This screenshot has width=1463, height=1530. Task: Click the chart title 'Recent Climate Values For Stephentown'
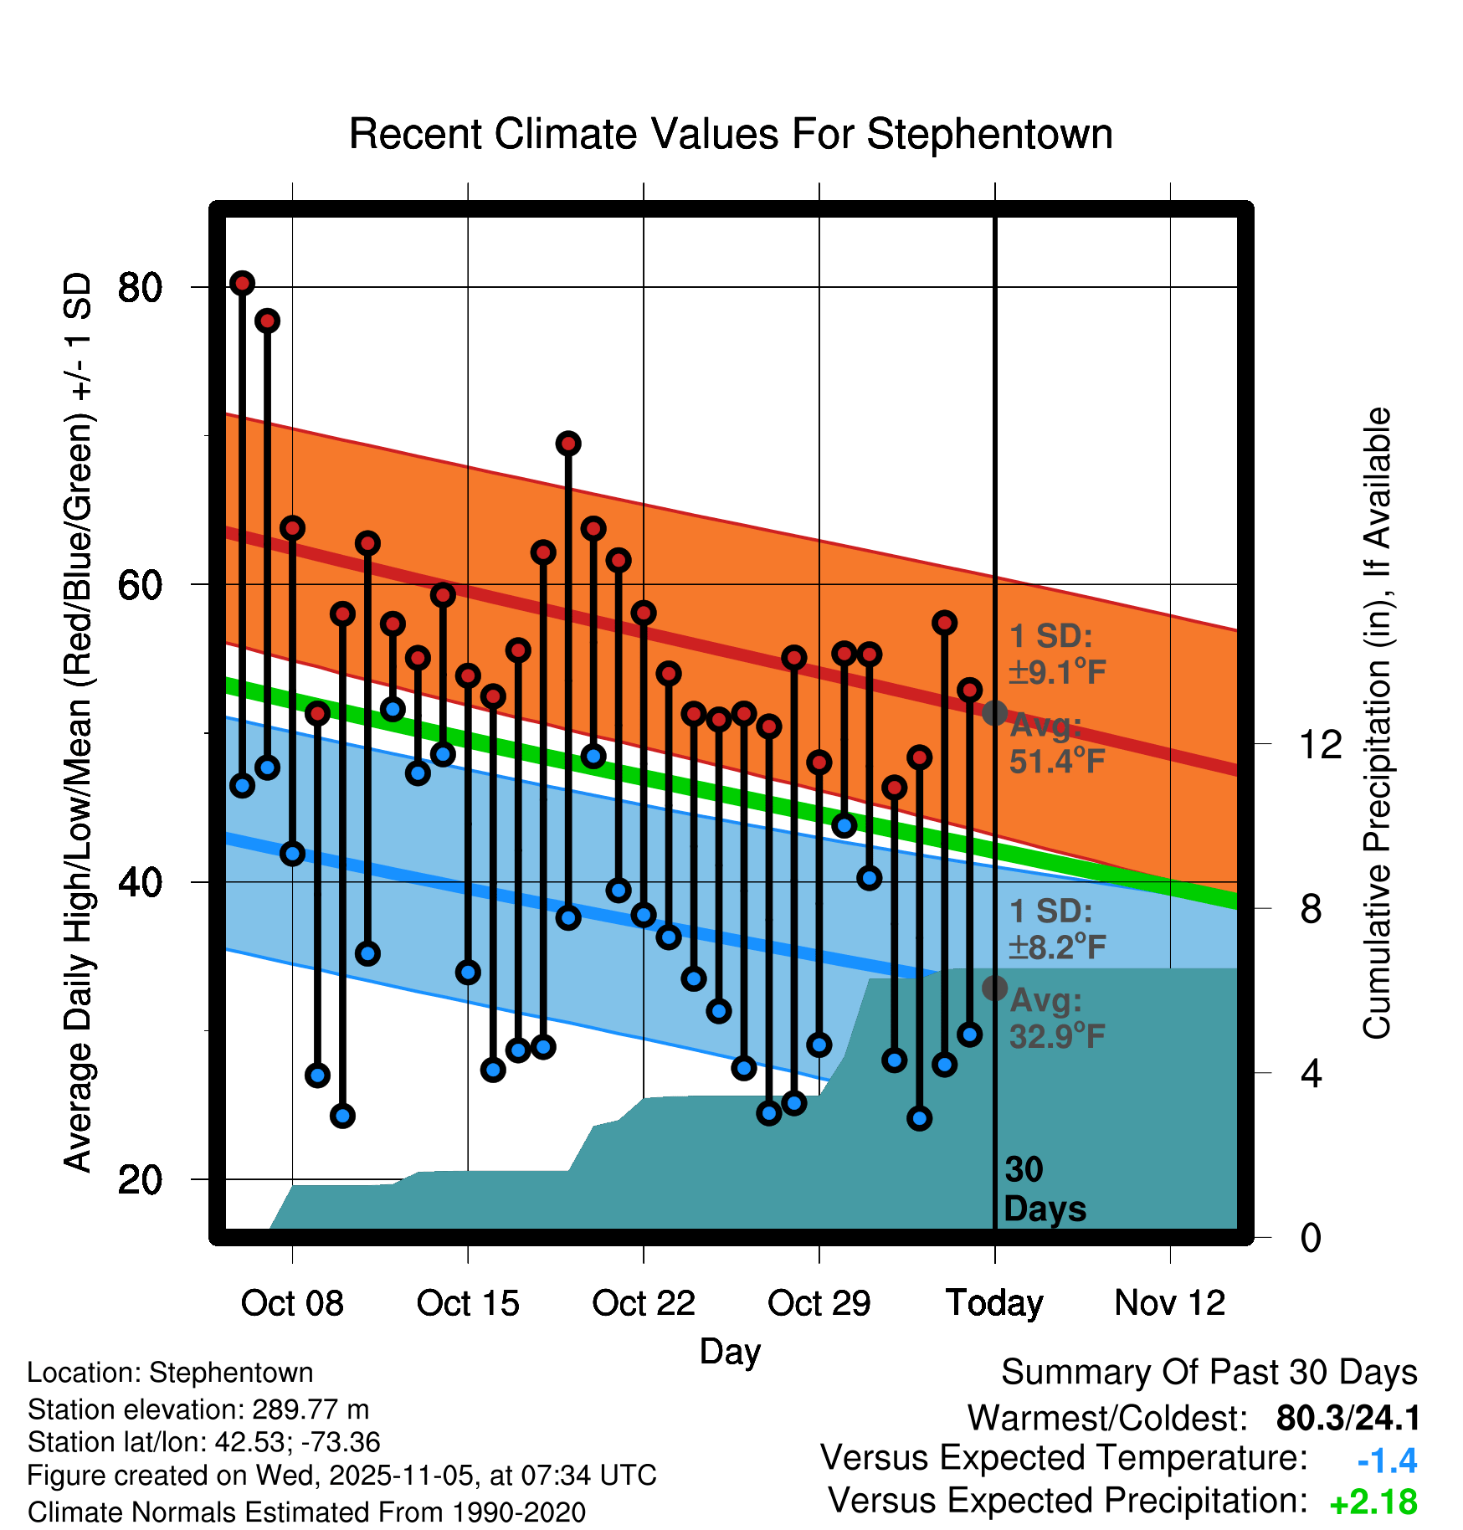[x=731, y=134]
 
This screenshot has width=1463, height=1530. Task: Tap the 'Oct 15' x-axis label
[x=468, y=1303]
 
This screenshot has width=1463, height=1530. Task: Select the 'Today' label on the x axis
[x=994, y=1303]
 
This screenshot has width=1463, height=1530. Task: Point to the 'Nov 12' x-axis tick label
[x=1170, y=1303]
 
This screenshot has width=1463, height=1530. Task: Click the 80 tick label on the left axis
[x=140, y=288]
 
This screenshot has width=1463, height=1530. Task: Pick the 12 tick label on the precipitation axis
[x=1320, y=744]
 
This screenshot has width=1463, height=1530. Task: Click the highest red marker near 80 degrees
[x=243, y=284]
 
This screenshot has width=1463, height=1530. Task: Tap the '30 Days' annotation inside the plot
[x=1044, y=1189]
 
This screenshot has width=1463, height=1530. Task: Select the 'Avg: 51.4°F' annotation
[x=1056, y=743]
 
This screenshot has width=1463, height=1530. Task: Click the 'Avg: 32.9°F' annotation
[x=1056, y=1018]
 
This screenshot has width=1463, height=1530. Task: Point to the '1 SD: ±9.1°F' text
[x=1056, y=654]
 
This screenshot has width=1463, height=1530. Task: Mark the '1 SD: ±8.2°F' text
[x=1056, y=928]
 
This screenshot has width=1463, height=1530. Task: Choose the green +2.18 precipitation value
[x=1373, y=1502]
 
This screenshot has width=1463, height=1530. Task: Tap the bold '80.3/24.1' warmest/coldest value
[x=1347, y=1419]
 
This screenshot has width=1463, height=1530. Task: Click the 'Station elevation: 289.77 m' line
[x=198, y=1409]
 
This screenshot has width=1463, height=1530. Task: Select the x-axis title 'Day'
[x=730, y=1351]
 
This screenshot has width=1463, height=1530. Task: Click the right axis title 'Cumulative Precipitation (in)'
[x=1377, y=723]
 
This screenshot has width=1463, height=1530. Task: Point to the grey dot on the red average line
[x=994, y=713]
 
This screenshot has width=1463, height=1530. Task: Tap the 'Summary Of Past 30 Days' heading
[x=1209, y=1373]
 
